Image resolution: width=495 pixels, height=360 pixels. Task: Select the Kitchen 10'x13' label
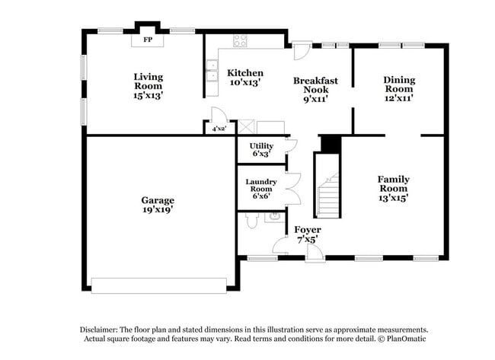pos(245,77)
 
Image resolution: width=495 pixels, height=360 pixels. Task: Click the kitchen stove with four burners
pos(240,41)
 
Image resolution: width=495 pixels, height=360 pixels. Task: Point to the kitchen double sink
pos(211,75)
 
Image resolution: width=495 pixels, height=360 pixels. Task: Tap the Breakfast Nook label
pos(315,89)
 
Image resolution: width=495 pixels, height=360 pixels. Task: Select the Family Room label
pos(393,188)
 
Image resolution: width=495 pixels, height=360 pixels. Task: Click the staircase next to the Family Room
pos(327,194)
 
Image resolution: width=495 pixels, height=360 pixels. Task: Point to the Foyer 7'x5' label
pos(307,234)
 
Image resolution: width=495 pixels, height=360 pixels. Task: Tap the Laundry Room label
pos(260,187)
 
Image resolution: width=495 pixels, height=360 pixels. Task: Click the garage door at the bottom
pos(158,285)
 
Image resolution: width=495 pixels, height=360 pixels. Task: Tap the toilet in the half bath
pos(253,221)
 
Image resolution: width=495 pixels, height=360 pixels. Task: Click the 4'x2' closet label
pos(220,129)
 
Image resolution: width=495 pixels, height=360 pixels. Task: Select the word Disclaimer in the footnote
pos(104,329)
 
